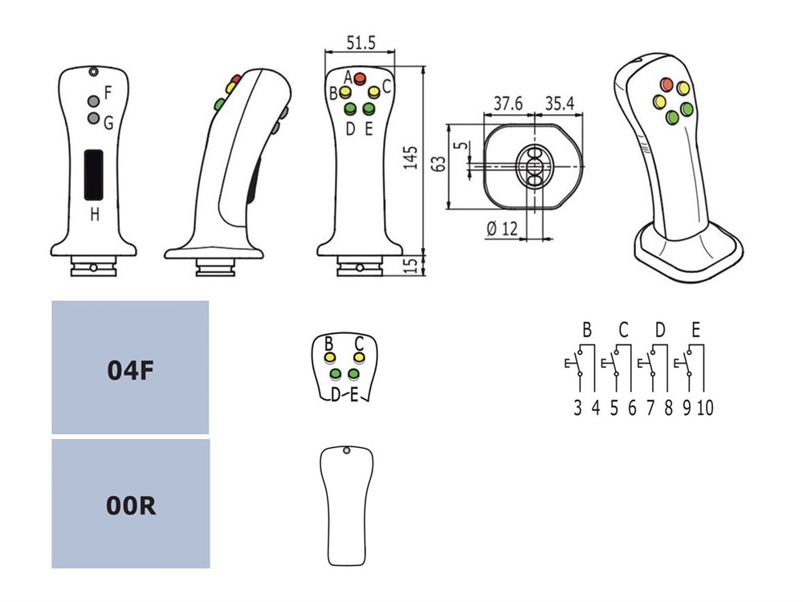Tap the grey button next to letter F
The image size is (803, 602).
(94, 100)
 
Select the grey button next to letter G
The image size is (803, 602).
(94, 120)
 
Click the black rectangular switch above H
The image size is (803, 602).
(95, 173)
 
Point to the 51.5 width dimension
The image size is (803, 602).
(360, 43)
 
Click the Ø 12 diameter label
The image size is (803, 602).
(502, 227)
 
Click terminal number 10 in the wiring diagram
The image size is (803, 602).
(705, 408)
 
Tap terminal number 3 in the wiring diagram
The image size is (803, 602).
(577, 408)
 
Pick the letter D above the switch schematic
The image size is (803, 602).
(659, 329)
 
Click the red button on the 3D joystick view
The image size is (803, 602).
(666, 83)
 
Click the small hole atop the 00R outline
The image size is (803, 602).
(346, 452)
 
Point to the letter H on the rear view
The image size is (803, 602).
(95, 214)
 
